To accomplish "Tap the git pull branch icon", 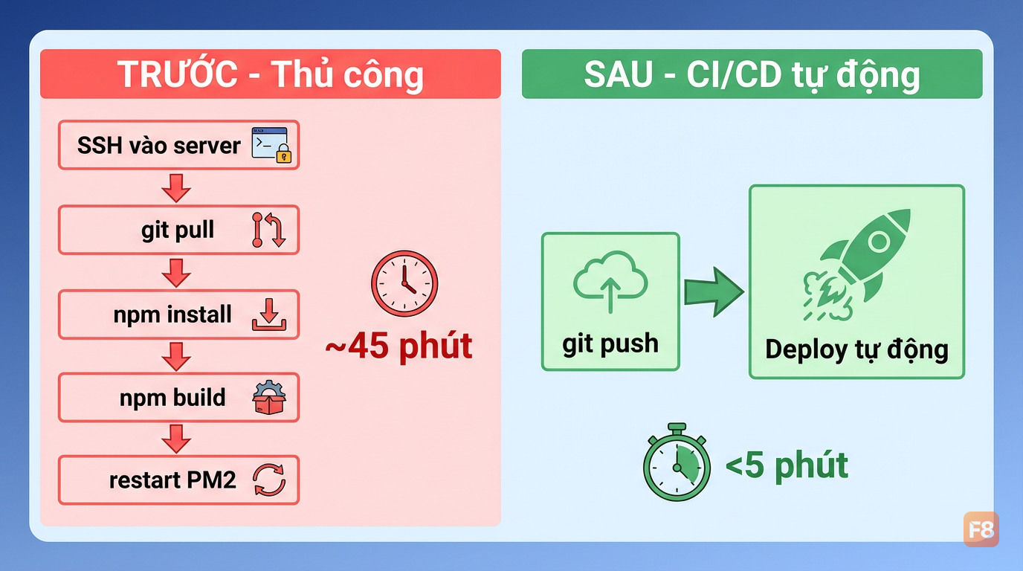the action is coord(269,230).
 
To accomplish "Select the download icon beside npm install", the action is coord(269,314).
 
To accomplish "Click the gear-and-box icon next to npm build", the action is coord(269,398).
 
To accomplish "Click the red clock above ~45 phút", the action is coord(404,283).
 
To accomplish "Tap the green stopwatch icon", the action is coord(677,462).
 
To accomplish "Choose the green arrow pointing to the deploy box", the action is coord(714,292).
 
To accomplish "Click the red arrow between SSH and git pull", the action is coord(176,188).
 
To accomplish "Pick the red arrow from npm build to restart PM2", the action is coord(176,439).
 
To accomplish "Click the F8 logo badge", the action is coord(981,529).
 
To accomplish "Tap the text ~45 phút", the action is coord(398,346).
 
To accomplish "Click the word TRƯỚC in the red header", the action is coord(178,74).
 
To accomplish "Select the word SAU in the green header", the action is coord(619,74).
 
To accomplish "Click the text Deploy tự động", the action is coord(856,350).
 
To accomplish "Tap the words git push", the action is coord(610,344).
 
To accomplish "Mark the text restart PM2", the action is coord(172,480).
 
